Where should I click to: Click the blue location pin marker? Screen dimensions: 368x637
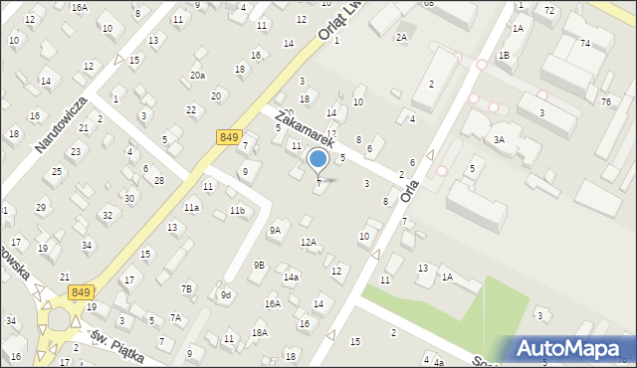(x=318, y=160)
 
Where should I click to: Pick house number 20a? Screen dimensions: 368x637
(x=198, y=76)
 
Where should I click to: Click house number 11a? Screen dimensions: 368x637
(x=190, y=207)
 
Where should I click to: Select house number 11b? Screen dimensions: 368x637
(x=237, y=211)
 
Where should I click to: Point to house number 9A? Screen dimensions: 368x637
(x=275, y=230)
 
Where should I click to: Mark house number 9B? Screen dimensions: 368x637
(x=259, y=265)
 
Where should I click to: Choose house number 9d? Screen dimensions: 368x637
(x=226, y=294)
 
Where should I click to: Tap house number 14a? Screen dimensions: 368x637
(x=291, y=276)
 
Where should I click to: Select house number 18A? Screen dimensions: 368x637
(x=259, y=332)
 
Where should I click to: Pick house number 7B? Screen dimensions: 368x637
(x=186, y=288)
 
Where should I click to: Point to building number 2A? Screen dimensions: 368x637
(x=401, y=37)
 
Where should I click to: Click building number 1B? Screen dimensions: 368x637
(x=504, y=56)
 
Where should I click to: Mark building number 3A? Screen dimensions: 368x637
(x=499, y=140)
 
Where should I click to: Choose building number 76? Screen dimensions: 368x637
(x=605, y=102)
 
